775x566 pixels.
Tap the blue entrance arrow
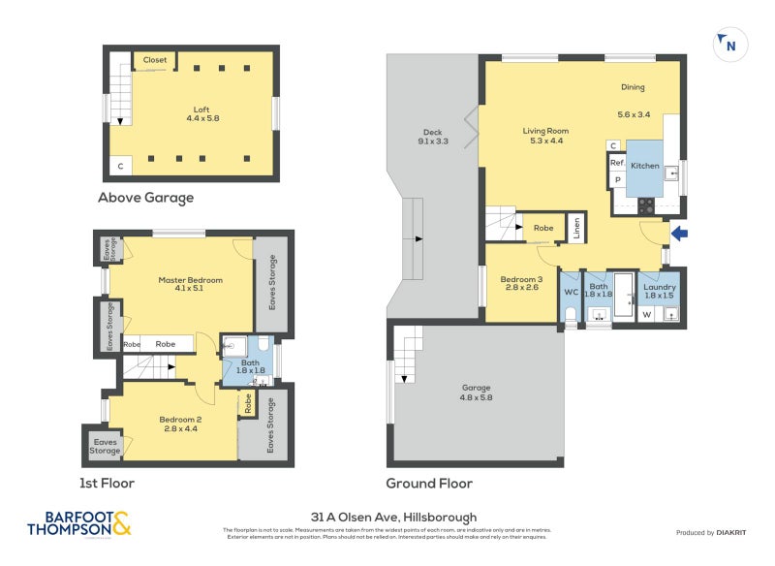[680, 233]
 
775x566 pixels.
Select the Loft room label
[201, 110]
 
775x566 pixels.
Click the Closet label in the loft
[155, 60]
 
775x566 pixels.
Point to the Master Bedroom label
[191, 280]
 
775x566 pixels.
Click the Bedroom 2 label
[181, 419]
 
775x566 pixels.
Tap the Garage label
[476, 388]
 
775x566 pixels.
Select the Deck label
[432, 133]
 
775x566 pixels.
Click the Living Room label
[545, 131]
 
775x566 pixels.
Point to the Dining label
[633, 88]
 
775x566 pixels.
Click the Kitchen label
[645, 166]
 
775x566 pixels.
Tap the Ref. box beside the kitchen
[617, 163]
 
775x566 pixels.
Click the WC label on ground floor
[571, 291]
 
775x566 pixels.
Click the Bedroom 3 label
[520, 281]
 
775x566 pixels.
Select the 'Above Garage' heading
[145, 198]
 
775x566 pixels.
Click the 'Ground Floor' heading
[429, 483]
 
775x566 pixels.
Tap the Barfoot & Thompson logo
[77, 523]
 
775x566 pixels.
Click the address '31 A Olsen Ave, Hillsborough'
[387, 517]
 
